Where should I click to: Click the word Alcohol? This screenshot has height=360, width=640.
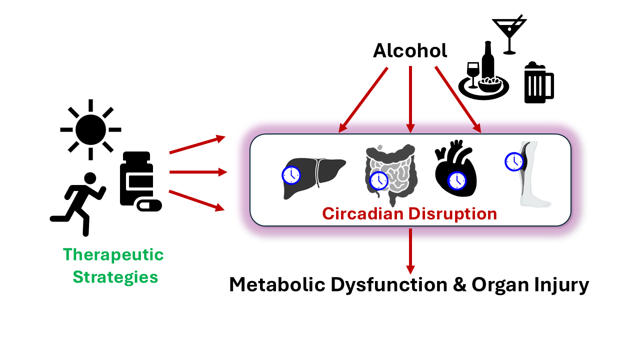[x=410, y=51]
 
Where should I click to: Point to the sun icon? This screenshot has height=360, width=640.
[x=90, y=129]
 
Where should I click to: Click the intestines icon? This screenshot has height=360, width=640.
[x=390, y=173]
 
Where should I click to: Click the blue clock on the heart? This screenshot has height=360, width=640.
[x=456, y=181]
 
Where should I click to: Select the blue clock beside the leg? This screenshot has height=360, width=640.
[x=513, y=161]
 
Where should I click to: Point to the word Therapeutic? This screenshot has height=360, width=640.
[x=113, y=254]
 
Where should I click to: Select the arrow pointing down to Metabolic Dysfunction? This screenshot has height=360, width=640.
[x=410, y=250]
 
